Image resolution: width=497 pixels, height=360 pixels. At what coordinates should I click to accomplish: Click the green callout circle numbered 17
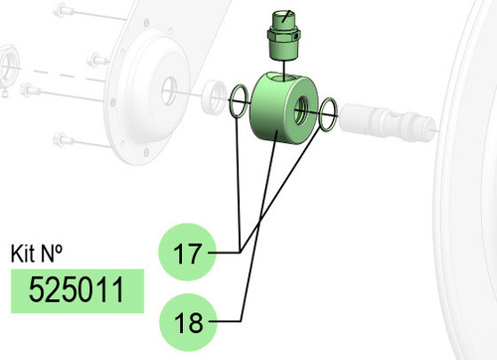[x=188, y=253]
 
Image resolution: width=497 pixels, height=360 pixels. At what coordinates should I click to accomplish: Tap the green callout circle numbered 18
[x=188, y=322]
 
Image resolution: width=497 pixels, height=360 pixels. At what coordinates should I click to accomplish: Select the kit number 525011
[x=77, y=290]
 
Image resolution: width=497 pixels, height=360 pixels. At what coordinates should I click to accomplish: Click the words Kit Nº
[x=36, y=254]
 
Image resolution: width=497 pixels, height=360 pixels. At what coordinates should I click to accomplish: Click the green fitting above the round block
[x=283, y=36]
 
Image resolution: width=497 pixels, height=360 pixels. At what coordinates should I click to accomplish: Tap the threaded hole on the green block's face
[x=301, y=110]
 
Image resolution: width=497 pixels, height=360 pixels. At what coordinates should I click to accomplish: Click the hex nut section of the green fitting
[x=283, y=36]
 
